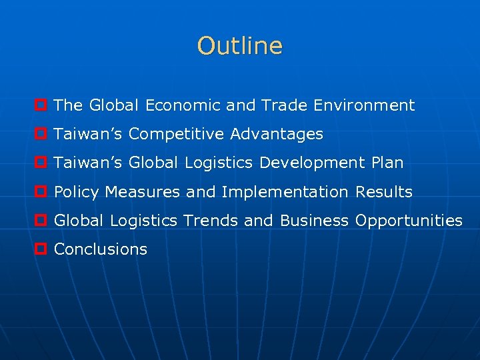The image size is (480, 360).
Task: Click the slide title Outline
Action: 240,46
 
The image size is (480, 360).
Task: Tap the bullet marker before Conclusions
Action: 41,250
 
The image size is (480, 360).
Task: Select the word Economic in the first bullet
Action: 183,105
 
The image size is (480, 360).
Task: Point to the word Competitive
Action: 177,135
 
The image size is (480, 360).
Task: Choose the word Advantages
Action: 277,135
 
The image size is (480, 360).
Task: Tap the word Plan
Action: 387,163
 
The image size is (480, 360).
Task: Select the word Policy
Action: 77,193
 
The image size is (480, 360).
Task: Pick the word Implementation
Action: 285,193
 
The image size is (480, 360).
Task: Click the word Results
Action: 384,193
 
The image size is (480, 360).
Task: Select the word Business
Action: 314,221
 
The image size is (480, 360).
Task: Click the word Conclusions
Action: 101,250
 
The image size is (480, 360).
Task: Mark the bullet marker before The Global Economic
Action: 41,106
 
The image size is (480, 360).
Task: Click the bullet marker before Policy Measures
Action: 41,193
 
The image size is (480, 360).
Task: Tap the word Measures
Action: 143,193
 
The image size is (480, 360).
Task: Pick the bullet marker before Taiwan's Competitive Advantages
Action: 41,135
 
